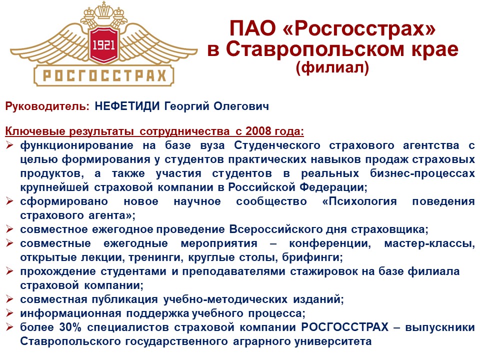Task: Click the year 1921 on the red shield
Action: [103, 45]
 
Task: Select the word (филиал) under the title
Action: [332, 67]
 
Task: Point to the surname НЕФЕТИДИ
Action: [127, 106]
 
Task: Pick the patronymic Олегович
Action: [241, 106]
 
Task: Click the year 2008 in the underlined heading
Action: [258, 131]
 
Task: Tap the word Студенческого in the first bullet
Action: [277, 145]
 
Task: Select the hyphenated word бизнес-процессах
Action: [422, 173]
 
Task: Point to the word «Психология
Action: [359, 201]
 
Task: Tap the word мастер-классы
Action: [430, 243]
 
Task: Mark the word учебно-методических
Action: [225, 299]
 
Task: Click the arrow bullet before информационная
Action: [9, 313]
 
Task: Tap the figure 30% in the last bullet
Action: [70, 327]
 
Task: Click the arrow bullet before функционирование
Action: [9, 145]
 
